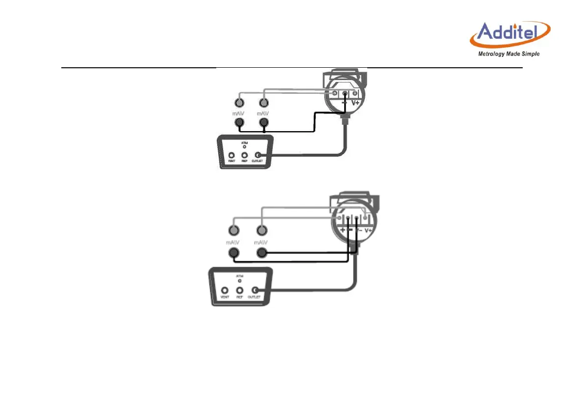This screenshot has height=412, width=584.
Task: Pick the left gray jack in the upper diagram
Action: coord(239,103)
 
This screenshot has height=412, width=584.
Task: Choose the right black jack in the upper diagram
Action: coord(264,123)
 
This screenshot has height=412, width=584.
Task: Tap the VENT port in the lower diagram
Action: coord(225,291)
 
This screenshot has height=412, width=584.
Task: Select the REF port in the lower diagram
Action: coord(240,291)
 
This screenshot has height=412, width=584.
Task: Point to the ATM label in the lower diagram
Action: coord(240,276)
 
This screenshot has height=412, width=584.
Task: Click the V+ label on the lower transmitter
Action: coord(368,230)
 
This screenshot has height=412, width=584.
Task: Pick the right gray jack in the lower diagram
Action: coord(262,230)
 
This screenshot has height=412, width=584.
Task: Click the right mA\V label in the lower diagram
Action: coord(262,242)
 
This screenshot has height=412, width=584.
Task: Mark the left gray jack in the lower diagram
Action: coord(234,230)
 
